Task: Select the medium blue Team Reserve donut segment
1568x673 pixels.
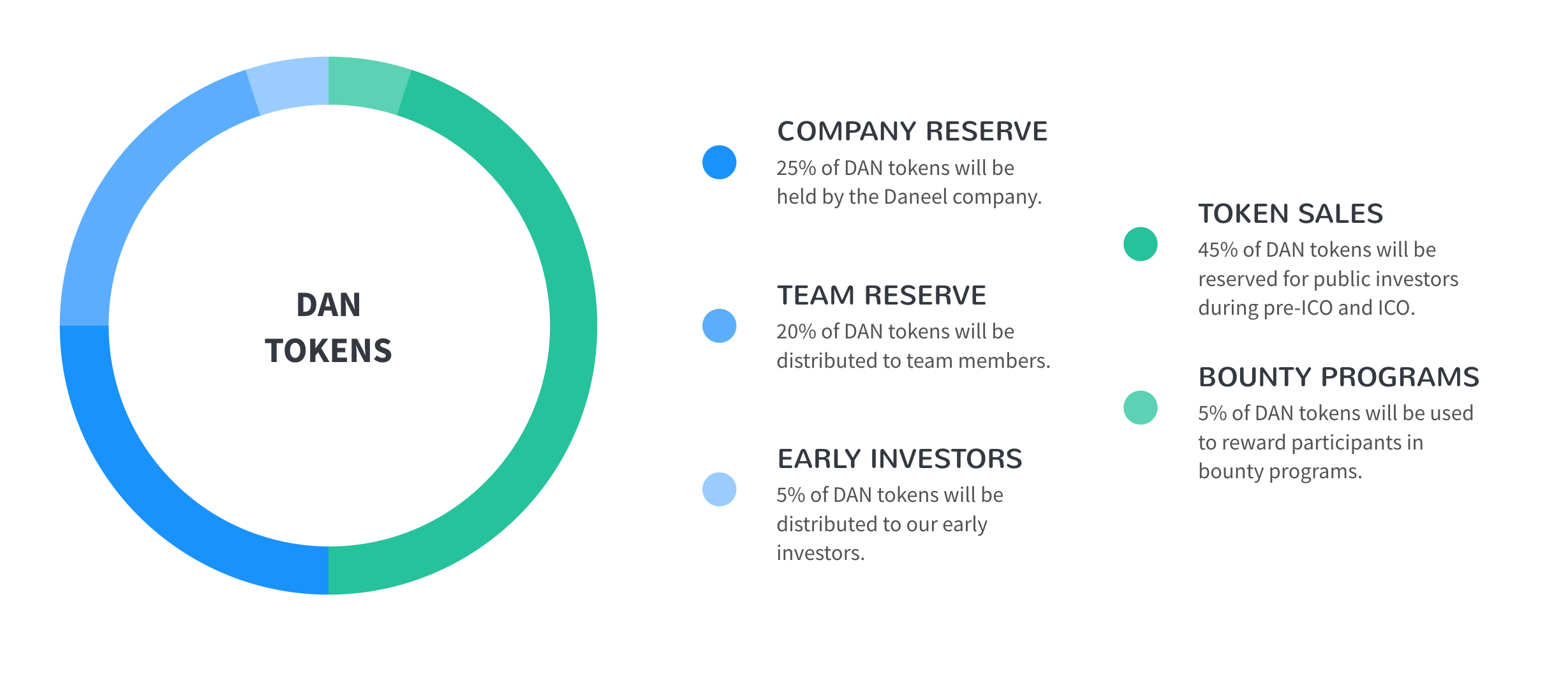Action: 137,185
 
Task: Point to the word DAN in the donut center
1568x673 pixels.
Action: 329,305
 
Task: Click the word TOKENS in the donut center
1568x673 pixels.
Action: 329,351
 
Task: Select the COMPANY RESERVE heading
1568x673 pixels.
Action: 912,131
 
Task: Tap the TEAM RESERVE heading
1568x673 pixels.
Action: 882,295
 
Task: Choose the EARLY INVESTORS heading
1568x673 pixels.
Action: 899,458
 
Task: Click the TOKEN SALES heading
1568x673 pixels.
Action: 1291,213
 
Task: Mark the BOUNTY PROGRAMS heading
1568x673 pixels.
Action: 1339,377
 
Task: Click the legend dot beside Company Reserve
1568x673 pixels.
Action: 720,162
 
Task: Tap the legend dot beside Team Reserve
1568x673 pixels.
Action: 720,326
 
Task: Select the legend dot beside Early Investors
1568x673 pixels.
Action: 720,489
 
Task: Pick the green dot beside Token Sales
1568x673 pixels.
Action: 1141,244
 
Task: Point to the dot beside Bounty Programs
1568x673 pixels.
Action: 1141,407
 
